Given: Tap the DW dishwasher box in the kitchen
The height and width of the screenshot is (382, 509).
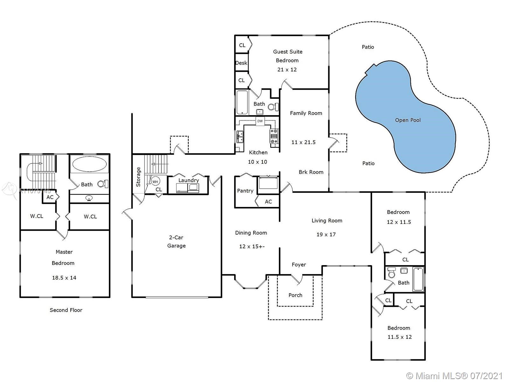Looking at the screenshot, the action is point(260,121).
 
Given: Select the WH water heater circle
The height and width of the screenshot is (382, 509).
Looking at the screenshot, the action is point(155,181).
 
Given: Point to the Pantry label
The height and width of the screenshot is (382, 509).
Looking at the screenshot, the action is point(245,191).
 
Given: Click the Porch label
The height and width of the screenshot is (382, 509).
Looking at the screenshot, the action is point(296,295).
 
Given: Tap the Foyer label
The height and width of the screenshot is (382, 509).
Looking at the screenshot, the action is point(299,265).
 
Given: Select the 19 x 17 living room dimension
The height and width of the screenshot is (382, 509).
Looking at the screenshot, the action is point(326,235).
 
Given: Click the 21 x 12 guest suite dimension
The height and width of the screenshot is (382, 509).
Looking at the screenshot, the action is point(287,70).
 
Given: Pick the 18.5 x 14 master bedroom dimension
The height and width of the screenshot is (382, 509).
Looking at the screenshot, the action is point(64,278).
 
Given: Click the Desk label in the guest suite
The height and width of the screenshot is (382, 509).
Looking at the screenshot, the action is point(241,63).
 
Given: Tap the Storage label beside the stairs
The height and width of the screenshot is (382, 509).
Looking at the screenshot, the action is point(138,177).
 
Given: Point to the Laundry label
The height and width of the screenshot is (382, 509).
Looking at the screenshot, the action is point(189,180).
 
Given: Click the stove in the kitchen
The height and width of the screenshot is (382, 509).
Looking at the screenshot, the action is point(274,136).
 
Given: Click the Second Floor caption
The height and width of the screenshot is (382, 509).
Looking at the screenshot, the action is point(66,310).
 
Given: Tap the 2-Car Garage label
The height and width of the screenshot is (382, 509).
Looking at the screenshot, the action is point(176,241).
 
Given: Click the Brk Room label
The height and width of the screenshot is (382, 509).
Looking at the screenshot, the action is point(311,172).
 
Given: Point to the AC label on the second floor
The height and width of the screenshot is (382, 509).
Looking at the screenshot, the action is point(50,197).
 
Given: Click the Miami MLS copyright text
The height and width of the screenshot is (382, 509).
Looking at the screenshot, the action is point(455,376).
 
